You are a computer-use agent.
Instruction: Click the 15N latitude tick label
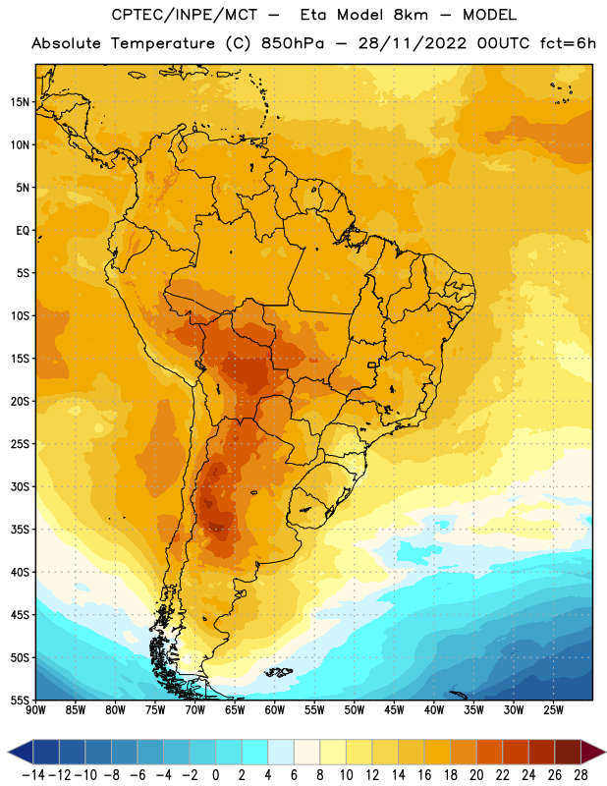20,102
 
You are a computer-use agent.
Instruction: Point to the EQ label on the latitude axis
23,231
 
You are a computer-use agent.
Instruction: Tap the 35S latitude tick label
20,530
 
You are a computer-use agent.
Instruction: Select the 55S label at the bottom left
20,700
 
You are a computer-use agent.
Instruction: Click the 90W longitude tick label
35,710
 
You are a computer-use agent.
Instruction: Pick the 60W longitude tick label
275,710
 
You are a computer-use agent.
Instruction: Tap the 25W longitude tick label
553,710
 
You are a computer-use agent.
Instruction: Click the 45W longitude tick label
394,710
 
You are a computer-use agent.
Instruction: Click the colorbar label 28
580,775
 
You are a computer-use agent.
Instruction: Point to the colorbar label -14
33,775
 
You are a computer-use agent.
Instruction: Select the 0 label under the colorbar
215,775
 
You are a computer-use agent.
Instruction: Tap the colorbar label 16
424,775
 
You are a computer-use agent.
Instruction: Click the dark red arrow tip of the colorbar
604,752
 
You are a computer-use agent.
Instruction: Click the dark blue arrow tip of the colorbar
9,752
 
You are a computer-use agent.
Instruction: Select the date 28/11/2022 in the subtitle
413,43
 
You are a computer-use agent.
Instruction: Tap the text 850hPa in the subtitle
293,43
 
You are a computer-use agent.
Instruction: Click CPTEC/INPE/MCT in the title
185,15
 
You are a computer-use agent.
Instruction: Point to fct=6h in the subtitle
568,43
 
